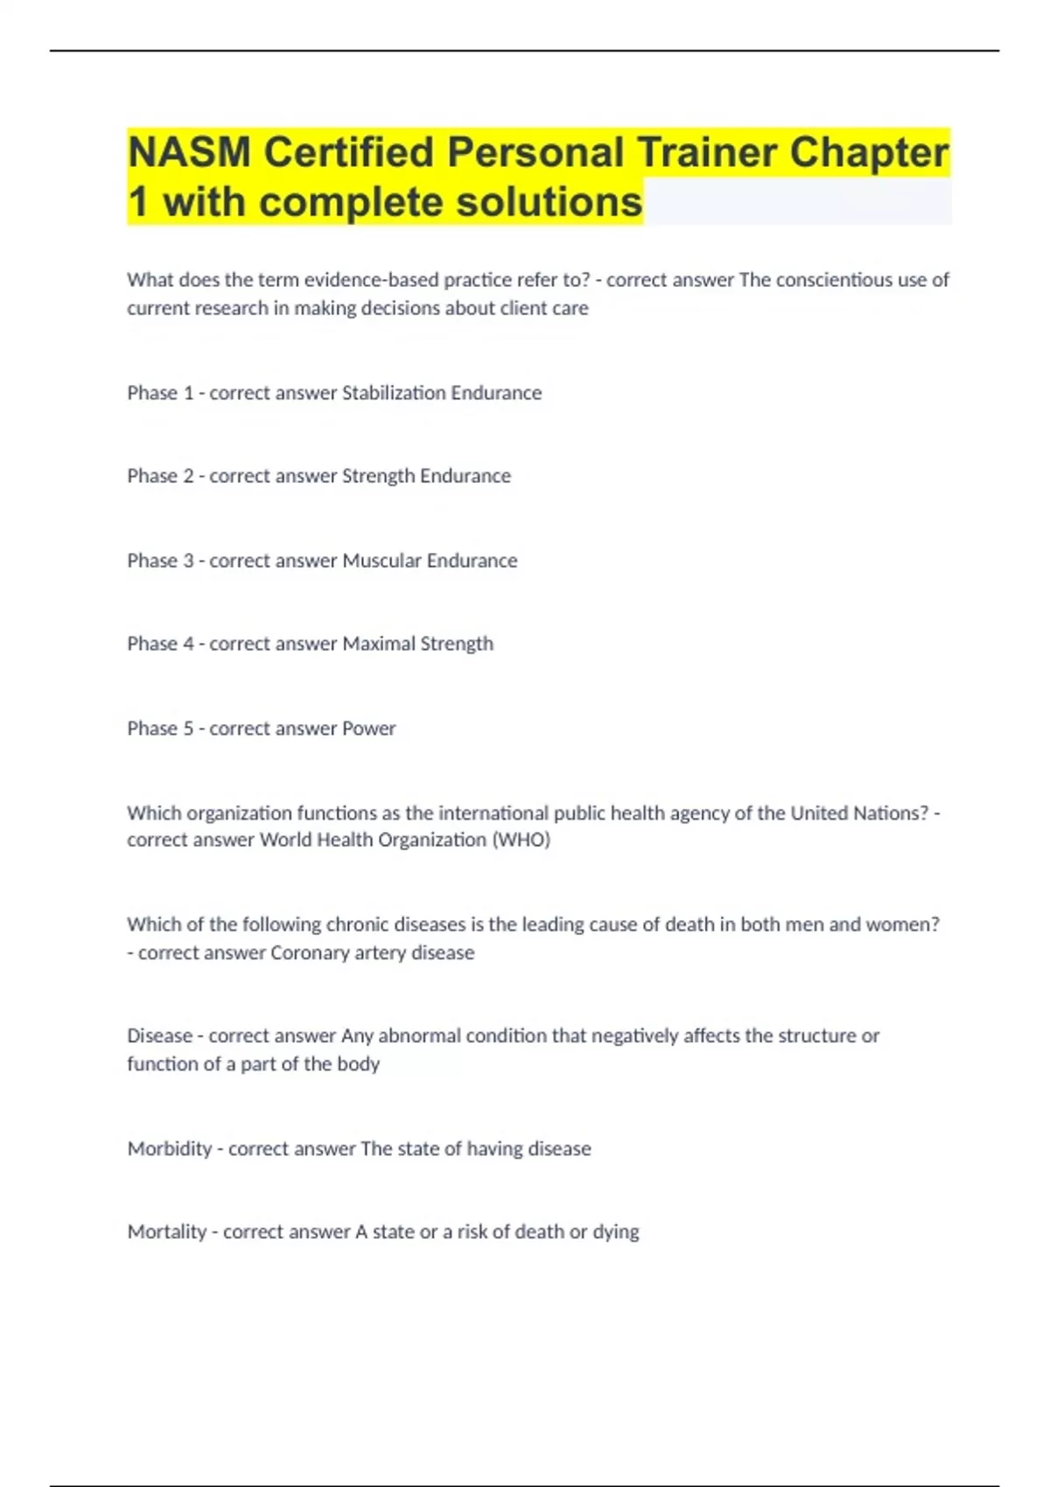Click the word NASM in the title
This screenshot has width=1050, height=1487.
[x=189, y=153]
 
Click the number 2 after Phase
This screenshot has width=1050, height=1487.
[x=187, y=476]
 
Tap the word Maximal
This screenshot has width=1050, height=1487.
[x=378, y=644]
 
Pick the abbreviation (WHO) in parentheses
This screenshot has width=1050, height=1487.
[x=521, y=840]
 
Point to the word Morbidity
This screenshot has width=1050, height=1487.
[x=170, y=1148]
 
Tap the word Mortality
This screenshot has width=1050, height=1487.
[x=167, y=1232]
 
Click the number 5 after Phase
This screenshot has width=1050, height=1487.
[x=187, y=729]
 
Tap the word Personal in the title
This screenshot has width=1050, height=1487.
[x=536, y=153]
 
